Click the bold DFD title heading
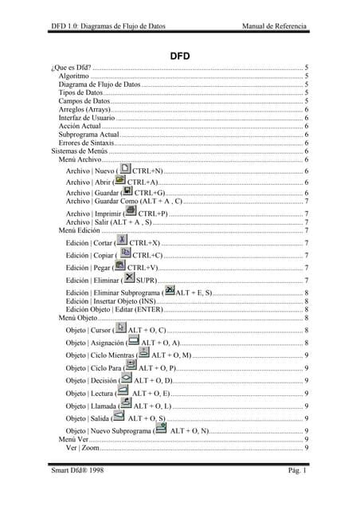(179, 57)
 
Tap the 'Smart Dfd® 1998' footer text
(77, 473)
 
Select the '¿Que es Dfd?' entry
(71, 69)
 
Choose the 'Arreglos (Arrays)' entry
(86, 110)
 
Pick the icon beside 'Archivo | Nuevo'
(126, 169)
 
